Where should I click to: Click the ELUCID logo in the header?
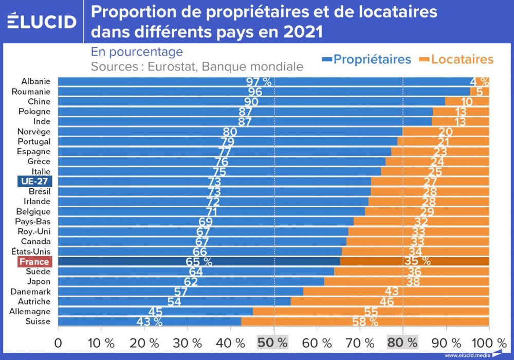42,21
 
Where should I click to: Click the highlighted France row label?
34,262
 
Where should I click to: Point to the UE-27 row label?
34,182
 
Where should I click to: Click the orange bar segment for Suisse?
365,321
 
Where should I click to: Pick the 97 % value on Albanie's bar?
259,82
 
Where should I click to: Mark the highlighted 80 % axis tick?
402,342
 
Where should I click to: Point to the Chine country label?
39,101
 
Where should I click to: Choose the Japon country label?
39,282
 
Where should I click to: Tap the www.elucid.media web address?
466,355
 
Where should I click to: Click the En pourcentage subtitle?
137,52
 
